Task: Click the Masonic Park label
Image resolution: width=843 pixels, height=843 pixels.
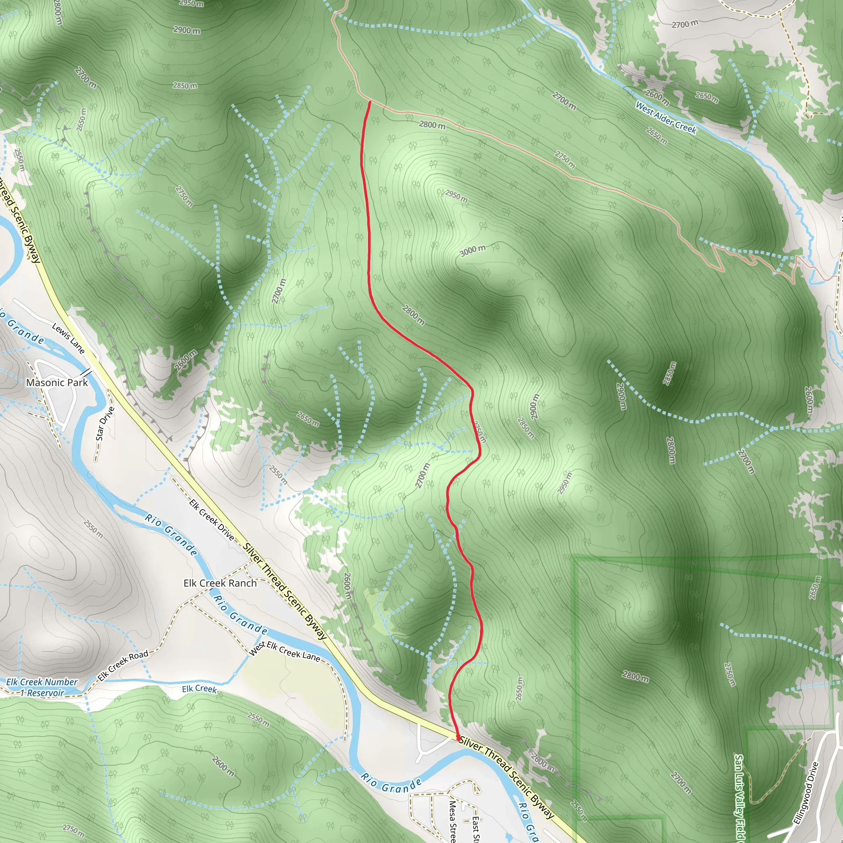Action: [x=57, y=383]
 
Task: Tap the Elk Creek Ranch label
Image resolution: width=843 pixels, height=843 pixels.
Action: [x=220, y=583]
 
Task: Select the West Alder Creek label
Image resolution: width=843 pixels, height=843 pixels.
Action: [x=666, y=118]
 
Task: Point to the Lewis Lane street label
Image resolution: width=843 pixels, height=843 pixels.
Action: [x=68, y=338]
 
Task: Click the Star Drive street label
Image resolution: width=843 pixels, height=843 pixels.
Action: [x=105, y=423]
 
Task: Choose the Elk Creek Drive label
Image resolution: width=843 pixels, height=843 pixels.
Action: [x=212, y=520]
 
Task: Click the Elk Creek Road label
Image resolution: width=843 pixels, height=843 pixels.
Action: [x=123, y=666]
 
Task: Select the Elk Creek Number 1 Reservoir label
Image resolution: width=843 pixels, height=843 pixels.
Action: [x=42, y=687]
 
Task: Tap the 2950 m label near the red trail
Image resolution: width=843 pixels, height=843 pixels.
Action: [x=456, y=196]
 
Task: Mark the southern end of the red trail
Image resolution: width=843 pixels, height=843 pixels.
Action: [x=458, y=738]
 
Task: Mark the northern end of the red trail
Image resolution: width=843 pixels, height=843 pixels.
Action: [x=370, y=102]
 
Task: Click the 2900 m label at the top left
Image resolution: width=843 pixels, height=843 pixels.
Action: [x=187, y=30]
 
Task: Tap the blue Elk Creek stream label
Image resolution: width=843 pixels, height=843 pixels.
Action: [x=199, y=689]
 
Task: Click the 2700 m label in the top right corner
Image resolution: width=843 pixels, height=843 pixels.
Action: [x=685, y=24]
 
